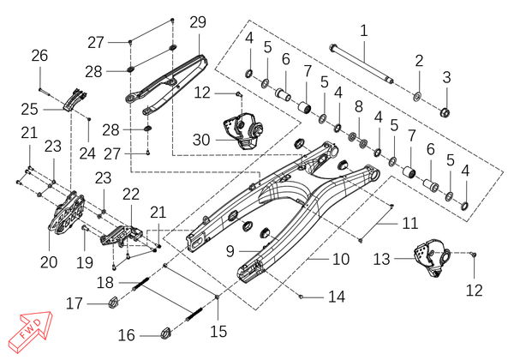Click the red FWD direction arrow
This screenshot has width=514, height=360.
pos(30,332)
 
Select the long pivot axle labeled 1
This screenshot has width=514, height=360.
pos(362,63)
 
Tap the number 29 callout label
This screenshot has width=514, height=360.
pos(198,22)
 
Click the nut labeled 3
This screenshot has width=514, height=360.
pos(445,112)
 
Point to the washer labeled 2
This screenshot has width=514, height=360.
pos(418,97)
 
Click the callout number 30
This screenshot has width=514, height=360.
pos(201,140)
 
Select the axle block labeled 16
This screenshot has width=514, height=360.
pos(166,333)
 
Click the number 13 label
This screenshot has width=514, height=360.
pos(381,259)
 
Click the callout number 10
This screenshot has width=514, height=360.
pos(341,259)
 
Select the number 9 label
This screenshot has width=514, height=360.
pos(230,251)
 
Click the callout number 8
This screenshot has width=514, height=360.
pos(359,107)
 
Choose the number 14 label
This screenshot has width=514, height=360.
pos(337,297)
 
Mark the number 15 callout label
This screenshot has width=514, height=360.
pos(218,331)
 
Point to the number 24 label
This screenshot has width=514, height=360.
pos(87,153)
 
